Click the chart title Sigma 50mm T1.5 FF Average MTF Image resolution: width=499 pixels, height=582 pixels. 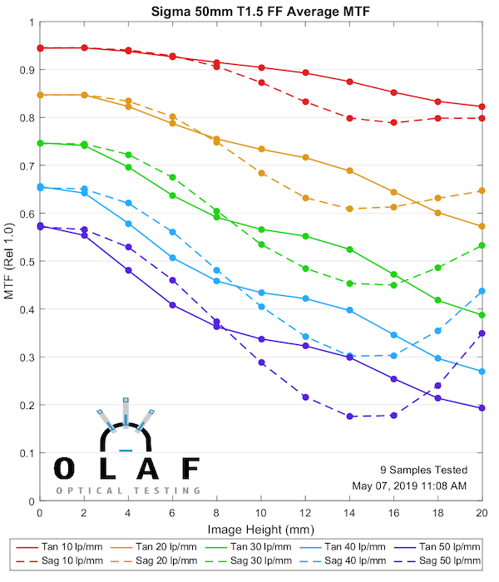(260, 11)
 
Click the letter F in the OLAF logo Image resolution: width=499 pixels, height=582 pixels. (189, 468)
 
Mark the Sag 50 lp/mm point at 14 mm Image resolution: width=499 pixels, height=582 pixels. (349, 416)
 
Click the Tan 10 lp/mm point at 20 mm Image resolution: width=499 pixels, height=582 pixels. (482, 106)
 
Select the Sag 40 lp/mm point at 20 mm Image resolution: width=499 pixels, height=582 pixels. (482, 291)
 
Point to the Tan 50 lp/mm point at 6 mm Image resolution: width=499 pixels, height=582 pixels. (172, 305)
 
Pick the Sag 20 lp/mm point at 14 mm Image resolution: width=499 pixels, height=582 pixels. (349, 209)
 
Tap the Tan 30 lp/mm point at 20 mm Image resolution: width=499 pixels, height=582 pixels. (482, 315)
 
